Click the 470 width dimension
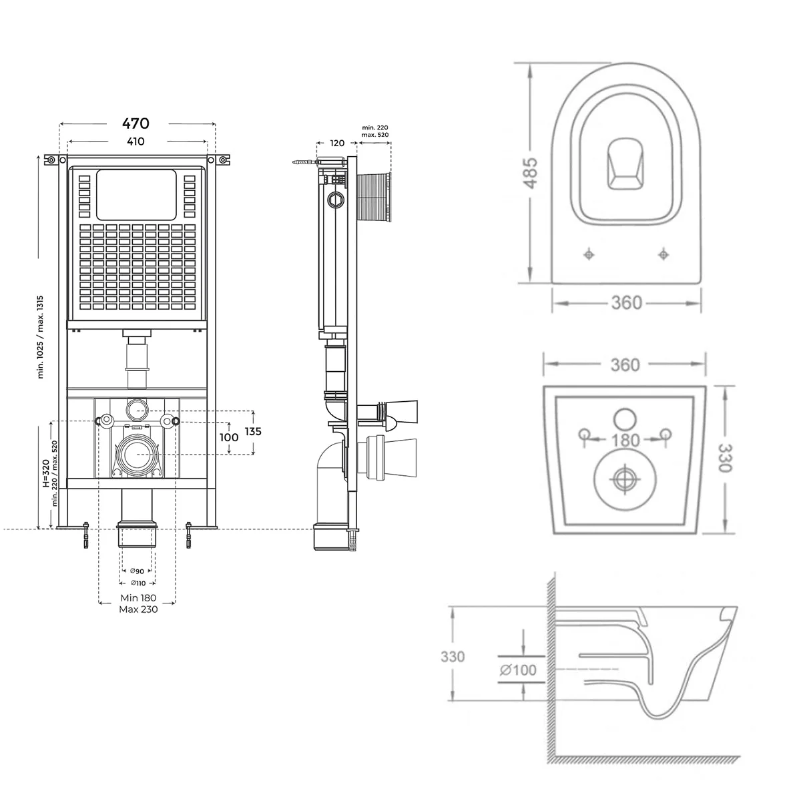[x=136, y=123]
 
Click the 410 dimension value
[x=136, y=142]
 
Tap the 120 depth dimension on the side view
[x=338, y=143]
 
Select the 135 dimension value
[x=253, y=431]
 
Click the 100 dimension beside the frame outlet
[x=229, y=437]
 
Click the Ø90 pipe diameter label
[x=137, y=571]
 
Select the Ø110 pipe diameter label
[x=137, y=583]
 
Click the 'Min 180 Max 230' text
[x=138, y=603]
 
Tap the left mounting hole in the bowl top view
[x=589, y=254]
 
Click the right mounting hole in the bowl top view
[x=663, y=254]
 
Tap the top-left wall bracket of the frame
[x=51, y=160]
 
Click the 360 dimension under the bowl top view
[x=627, y=303]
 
